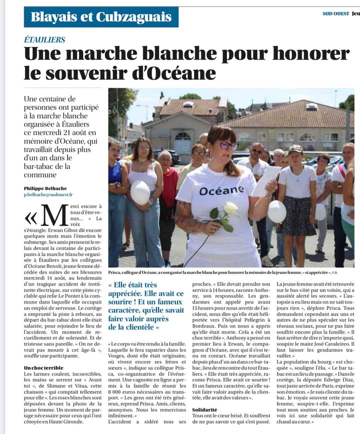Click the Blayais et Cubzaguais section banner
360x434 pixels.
101,17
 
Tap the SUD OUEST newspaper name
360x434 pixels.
335,13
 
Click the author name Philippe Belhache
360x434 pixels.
46,188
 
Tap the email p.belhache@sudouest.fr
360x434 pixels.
48,194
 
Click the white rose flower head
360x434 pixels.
230,208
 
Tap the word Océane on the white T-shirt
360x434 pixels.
221,190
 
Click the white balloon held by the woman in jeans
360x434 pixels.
140,192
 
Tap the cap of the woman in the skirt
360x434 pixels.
295,149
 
